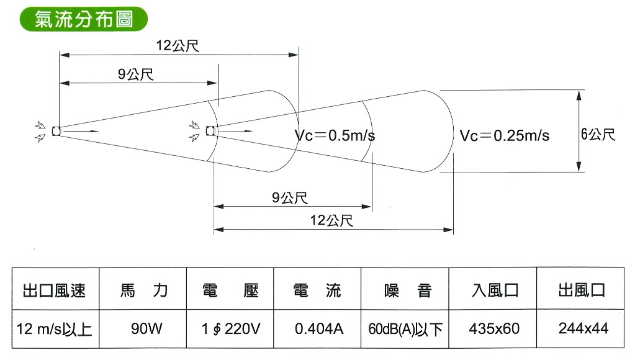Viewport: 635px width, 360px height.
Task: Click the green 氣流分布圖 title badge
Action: click(x=83, y=19)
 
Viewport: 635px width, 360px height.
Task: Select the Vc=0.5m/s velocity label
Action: click(x=335, y=135)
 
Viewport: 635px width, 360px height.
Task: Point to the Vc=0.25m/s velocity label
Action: click(x=505, y=135)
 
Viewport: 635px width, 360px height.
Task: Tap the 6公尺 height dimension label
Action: click(x=598, y=134)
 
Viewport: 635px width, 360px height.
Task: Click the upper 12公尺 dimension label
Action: click(x=178, y=45)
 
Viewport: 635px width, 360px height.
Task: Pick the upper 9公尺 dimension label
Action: click(x=136, y=74)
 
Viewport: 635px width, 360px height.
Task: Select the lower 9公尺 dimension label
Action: click(x=289, y=197)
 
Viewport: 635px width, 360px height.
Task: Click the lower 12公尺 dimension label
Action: click(x=331, y=220)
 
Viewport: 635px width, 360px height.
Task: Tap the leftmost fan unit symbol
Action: click(x=56, y=131)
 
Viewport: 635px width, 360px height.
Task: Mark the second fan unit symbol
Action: click(x=210, y=130)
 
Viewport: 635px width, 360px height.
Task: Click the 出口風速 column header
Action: click(x=54, y=290)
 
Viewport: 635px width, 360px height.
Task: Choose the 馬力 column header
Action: click(x=144, y=290)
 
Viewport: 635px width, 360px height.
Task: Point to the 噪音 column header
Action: click(x=408, y=290)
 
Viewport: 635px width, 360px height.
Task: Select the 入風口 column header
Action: click(x=495, y=290)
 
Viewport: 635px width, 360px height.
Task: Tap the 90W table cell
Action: click(x=146, y=328)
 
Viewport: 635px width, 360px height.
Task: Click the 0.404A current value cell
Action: click(x=319, y=328)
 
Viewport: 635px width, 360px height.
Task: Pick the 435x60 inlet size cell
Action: click(x=494, y=328)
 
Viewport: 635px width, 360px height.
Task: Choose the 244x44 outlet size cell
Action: click(x=583, y=328)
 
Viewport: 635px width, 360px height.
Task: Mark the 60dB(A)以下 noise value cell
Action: click(x=405, y=329)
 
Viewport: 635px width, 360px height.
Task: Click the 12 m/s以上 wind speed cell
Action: click(x=54, y=329)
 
